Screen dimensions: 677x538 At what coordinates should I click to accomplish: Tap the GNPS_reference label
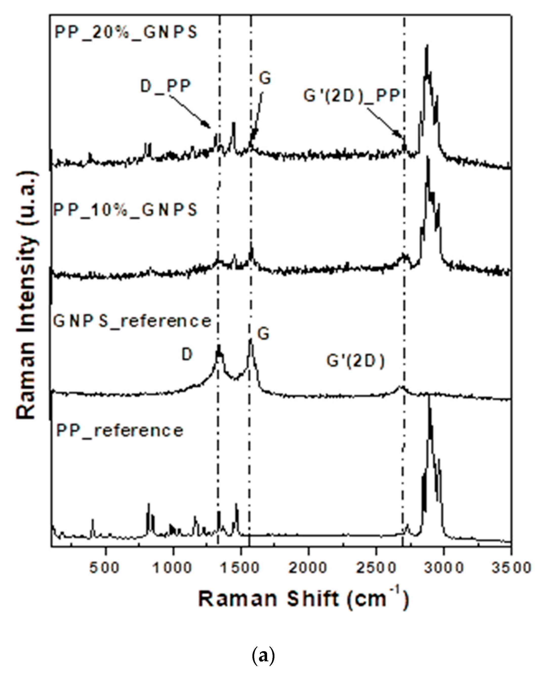[x=132, y=321]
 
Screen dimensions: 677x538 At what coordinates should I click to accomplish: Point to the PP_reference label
[x=119, y=430]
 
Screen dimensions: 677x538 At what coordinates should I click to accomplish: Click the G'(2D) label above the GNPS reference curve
[x=355, y=361]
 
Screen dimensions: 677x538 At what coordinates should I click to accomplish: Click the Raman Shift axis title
[x=303, y=599]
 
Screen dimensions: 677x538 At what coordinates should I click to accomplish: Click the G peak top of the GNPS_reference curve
[x=250, y=340]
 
